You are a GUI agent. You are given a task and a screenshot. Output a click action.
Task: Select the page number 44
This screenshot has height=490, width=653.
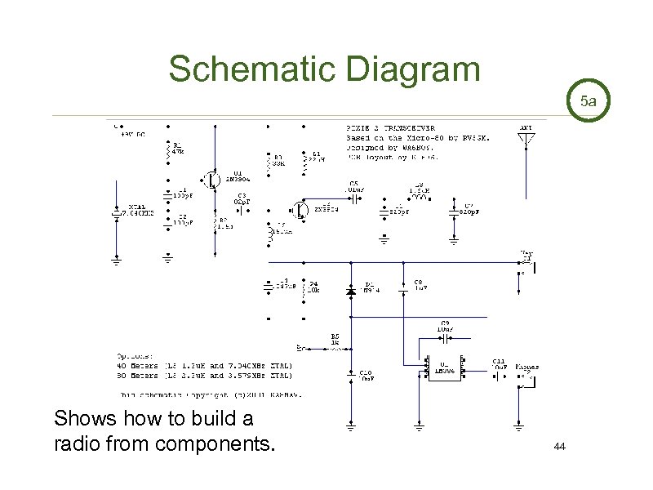559,447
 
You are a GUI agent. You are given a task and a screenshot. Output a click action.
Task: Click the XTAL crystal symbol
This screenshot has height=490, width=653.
115,214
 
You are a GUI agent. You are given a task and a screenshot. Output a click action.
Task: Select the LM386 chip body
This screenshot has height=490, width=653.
442,369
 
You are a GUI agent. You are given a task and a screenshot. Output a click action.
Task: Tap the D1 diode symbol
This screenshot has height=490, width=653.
351,291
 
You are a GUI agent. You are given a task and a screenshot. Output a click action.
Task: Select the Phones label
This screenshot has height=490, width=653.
526,367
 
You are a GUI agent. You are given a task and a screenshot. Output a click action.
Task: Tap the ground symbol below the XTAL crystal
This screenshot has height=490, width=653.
115,262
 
